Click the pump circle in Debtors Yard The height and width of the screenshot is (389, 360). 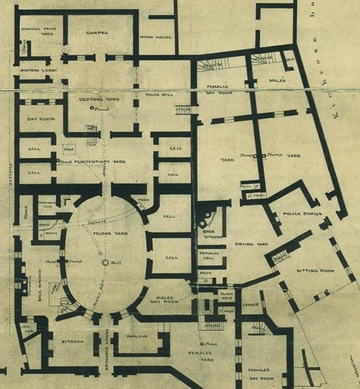[92, 108]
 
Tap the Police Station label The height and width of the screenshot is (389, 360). [299, 212]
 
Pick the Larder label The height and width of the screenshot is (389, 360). [250, 305]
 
